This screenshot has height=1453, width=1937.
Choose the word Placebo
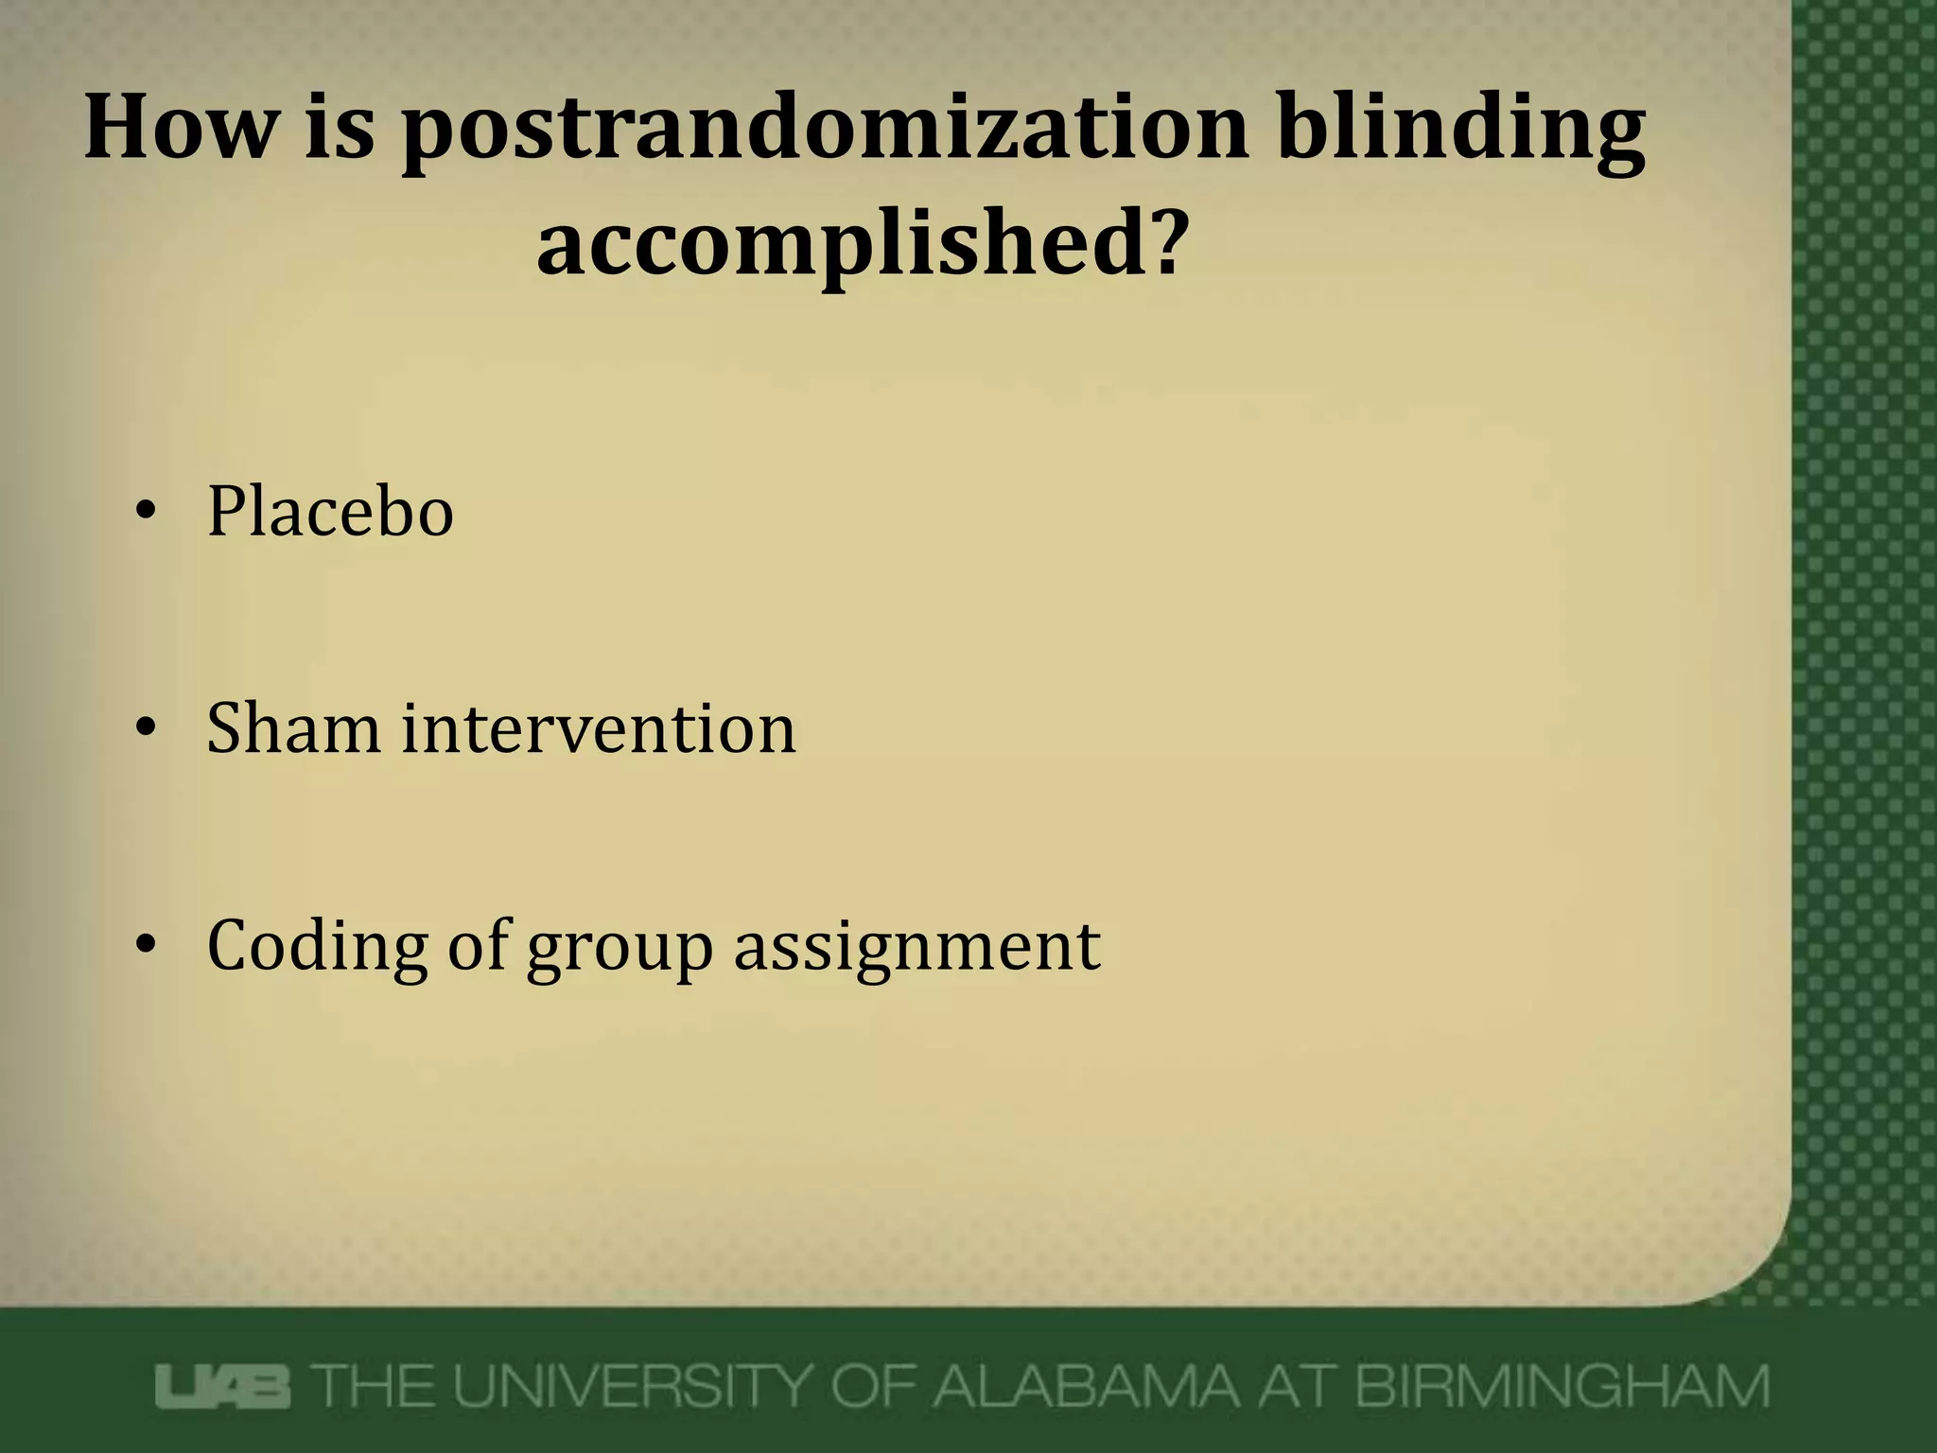point(330,512)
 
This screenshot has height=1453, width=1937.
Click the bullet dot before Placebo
point(145,512)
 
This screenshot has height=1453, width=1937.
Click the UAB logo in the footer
point(224,1388)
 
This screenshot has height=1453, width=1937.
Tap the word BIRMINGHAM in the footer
point(1561,1388)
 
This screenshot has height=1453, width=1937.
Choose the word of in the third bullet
point(479,945)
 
